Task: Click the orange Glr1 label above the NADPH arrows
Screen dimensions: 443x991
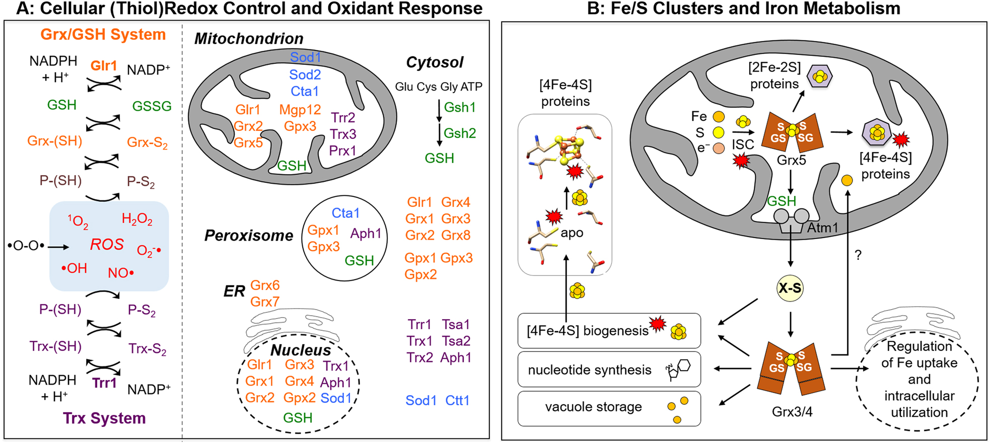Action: point(104,66)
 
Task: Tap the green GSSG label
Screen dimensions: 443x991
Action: point(152,106)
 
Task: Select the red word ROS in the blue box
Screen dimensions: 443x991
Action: point(107,245)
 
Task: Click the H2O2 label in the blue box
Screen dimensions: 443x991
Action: point(137,219)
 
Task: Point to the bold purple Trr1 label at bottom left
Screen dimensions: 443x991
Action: point(104,383)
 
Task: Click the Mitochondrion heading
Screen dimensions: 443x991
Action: point(249,39)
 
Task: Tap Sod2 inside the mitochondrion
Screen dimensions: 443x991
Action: point(305,75)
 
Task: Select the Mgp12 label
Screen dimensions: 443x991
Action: point(300,110)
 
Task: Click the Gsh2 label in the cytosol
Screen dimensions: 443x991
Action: point(460,133)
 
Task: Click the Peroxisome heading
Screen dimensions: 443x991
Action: point(249,236)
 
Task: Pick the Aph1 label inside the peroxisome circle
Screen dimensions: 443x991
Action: point(366,234)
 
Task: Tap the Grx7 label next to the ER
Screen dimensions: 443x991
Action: point(265,302)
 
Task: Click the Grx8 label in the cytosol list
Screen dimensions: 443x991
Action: point(456,235)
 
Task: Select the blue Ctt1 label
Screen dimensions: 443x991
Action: point(457,401)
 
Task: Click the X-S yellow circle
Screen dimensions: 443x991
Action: point(790,288)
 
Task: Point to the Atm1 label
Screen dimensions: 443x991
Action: point(823,228)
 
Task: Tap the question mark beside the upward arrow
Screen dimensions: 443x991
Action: point(858,256)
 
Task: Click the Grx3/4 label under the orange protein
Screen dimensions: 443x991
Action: point(792,412)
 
